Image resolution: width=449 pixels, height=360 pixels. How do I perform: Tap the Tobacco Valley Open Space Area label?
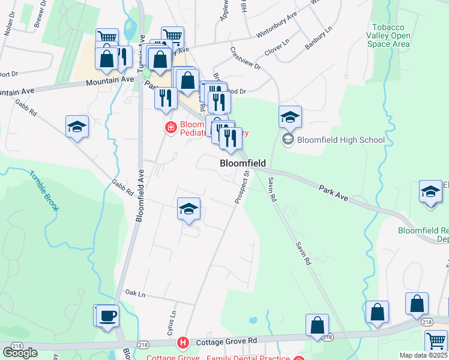pyautogui.click(x=391, y=36)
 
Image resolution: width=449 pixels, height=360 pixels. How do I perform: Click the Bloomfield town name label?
pyautogui.click(x=243, y=163)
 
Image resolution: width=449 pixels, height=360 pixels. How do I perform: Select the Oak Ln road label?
pyautogui.click(x=135, y=294)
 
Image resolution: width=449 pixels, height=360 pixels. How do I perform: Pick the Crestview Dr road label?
pyautogui.click(x=245, y=59)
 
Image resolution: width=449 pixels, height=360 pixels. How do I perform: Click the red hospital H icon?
pyautogui.click(x=183, y=343)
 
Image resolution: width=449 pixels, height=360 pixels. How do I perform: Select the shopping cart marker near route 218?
pyautogui.click(x=436, y=340)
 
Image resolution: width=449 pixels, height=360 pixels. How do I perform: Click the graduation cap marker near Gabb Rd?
pyautogui.click(x=77, y=127)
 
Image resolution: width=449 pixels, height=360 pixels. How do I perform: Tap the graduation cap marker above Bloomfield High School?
pyautogui.click(x=290, y=116)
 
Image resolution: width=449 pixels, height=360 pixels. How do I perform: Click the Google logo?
pyautogui.click(x=20, y=352)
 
